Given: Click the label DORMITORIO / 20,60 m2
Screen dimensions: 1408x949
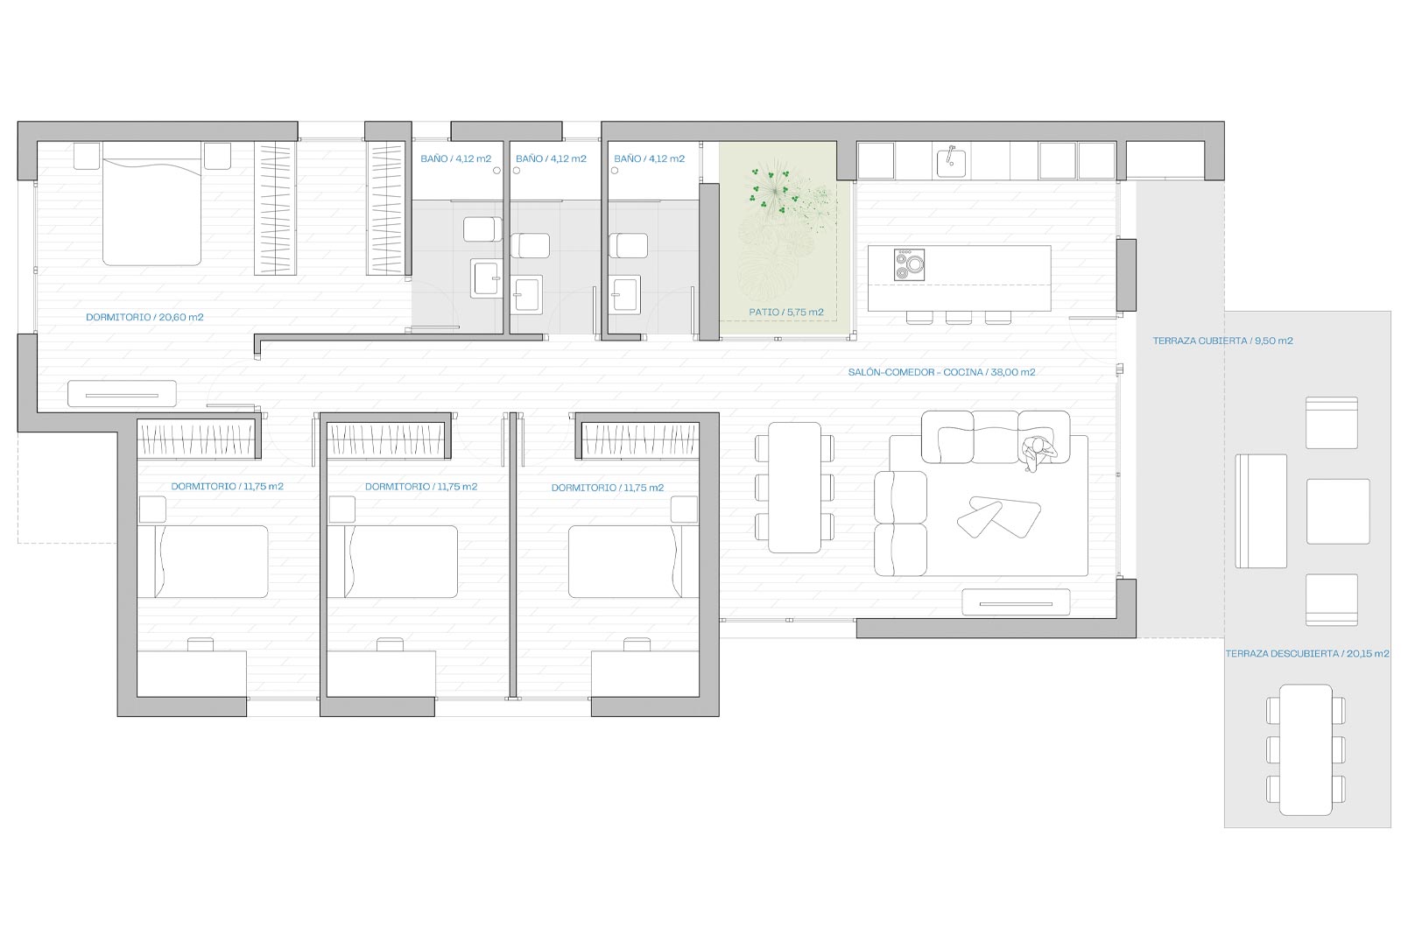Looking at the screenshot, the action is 144,318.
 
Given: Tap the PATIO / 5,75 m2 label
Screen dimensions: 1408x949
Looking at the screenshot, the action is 785,313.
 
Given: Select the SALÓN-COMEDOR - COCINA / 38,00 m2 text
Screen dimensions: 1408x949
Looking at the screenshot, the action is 941,372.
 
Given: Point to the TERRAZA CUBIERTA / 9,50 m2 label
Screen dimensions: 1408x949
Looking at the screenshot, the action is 1222,341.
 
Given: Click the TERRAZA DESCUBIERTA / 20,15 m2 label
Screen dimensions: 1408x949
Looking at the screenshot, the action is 1307,654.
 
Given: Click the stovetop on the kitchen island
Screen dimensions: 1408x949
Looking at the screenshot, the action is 909,264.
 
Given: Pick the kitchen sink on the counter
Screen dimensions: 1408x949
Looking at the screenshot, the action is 951,161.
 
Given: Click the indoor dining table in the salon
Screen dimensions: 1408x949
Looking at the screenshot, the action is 794,488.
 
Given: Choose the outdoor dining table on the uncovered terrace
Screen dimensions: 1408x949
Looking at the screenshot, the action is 1306,749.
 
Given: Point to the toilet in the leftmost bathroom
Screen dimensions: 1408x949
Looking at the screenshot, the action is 482,229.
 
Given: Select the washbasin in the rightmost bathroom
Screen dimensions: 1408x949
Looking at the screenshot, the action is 625,294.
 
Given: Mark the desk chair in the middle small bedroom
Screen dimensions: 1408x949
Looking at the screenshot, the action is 390,644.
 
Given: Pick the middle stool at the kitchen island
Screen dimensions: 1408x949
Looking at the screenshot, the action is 959,318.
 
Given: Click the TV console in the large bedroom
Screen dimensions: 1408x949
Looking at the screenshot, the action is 122,393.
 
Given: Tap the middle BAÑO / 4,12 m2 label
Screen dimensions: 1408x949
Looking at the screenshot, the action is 551,159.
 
